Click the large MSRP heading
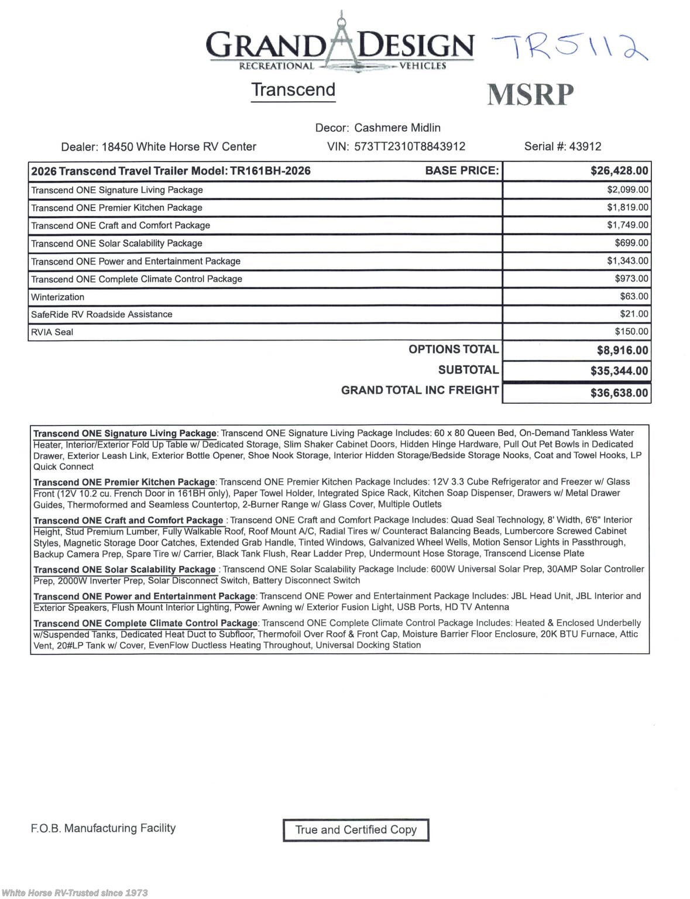[530, 95]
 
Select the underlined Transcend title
[293, 90]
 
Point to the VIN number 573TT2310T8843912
[410, 146]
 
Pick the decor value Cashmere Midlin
[397, 128]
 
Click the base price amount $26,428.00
[619, 171]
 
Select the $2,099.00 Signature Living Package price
[627, 190]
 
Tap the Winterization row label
[58, 297]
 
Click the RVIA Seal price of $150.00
[631, 332]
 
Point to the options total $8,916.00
[622, 351]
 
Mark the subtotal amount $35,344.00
[619, 371]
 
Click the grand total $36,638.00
[619, 393]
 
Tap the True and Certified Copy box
[356, 830]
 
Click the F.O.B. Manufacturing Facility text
[103, 828]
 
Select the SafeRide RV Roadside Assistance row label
[102, 314]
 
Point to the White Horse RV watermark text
[74, 893]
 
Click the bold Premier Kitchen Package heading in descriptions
[125, 482]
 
